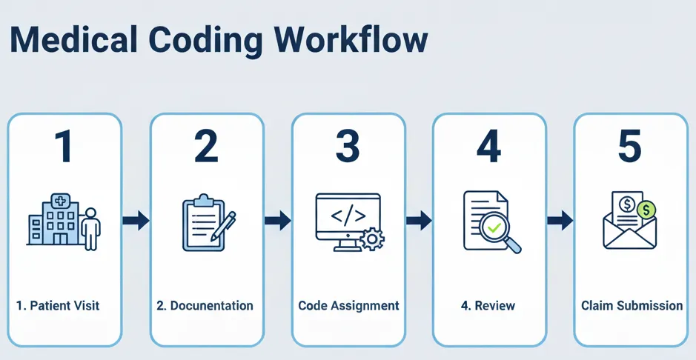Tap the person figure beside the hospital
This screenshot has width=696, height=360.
click(x=91, y=229)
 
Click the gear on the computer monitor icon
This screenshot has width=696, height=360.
click(x=370, y=239)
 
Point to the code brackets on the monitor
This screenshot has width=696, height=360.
click(x=347, y=216)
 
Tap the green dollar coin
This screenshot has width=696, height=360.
click(x=646, y=210)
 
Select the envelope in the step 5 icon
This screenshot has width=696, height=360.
click(x=629, y=233)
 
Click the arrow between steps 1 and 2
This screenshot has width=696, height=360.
click(x=136, y=220)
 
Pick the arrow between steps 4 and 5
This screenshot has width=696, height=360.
click(x=560, y=220)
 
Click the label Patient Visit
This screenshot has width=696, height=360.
click(x=58, y=305)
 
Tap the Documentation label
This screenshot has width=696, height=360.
click(x=205, y=305)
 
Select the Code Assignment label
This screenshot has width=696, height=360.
click(x=348, y=305)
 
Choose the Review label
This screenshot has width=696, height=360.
click(x=488, y=305)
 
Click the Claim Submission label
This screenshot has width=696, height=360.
click(x=632, y=305)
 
